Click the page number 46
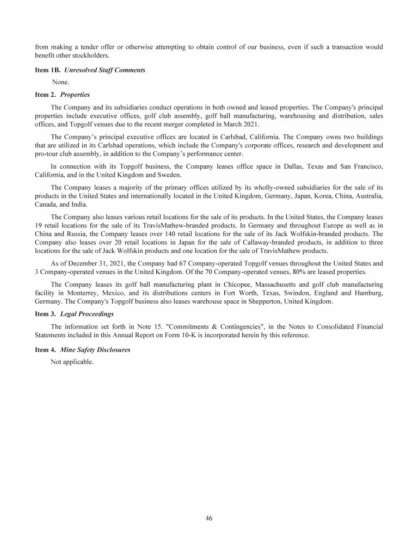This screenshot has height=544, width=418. [x=209, y=518]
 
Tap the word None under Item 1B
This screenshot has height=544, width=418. [x=60, y=82]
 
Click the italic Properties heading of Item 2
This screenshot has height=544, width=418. [x=75, y=94]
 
